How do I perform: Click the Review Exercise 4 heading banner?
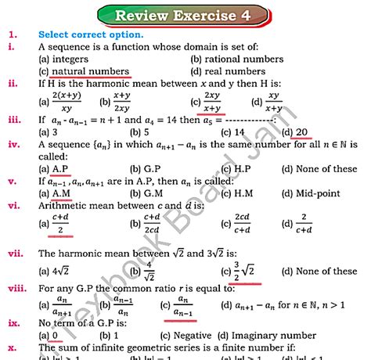185,15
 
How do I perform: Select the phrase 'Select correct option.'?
91,35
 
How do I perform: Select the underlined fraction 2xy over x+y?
211,102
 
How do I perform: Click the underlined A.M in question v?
62,193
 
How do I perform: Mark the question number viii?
15,288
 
